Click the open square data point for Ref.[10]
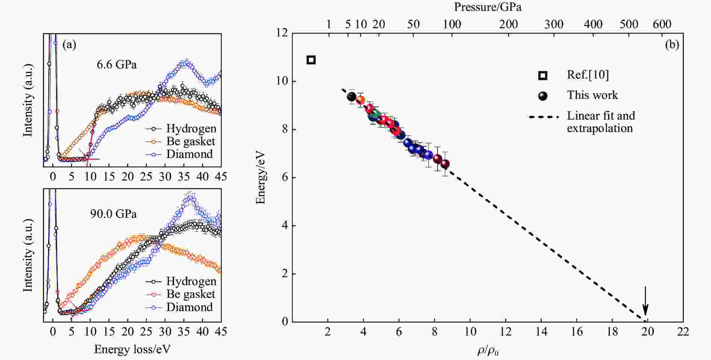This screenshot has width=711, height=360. [x=311, y=60]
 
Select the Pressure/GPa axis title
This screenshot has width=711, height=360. [x=488, y=7]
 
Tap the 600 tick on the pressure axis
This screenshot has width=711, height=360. [x=662, y=24]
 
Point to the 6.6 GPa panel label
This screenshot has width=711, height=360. [x=117, y=65]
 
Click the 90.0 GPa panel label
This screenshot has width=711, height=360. [x=113, y=214]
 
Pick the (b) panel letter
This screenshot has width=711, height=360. [x=672, y=45]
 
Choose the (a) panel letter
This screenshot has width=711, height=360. [x=69, y=45]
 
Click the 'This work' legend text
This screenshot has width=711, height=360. [x=592, y=95]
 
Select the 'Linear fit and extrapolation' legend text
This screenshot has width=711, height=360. [x=600, y=122]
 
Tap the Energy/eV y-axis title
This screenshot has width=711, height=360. [x=260, y=178]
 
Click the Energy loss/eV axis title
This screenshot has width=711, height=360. [x=132, y=349]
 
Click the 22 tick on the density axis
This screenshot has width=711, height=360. [x=683, y=331]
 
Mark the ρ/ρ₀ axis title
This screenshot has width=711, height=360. [x=488, y=351]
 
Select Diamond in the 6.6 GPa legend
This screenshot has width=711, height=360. [x=189, y=154]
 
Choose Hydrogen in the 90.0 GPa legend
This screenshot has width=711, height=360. [x=191, y=281]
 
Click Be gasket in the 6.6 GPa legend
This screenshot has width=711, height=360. [x=190, y=141]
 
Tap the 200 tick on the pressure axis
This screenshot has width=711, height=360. [x=508, y=24]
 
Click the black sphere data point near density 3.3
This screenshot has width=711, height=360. [x=351, y=97]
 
